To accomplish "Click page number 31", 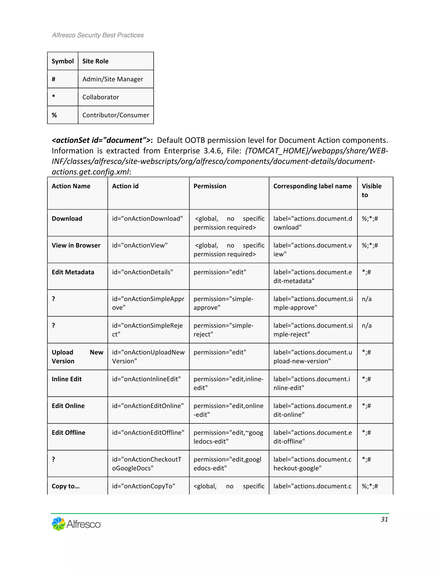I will tap(384, 519).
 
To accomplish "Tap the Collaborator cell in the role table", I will tap(101, 97).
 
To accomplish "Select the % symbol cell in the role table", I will tap(55, 115).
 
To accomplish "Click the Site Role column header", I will tap(95, 61).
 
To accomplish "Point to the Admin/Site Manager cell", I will tap(113, 79).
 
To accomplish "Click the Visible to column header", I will tap(371, 190).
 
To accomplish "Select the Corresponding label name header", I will tap(312, 186).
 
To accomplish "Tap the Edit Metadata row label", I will tap(73, 272).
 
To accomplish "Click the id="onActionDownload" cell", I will tap(148, 219).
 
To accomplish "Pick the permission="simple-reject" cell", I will tap(223, 330).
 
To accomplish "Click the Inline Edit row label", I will tap(67, 379).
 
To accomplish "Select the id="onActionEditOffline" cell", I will tap(148, 433).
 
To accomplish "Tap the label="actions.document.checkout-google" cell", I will tap(312, 464).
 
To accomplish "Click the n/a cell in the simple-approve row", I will tap(367, 299).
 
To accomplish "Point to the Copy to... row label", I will tap(66, 486).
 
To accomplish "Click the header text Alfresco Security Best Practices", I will tap(98, 35).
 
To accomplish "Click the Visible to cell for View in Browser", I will tap(370, 245).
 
